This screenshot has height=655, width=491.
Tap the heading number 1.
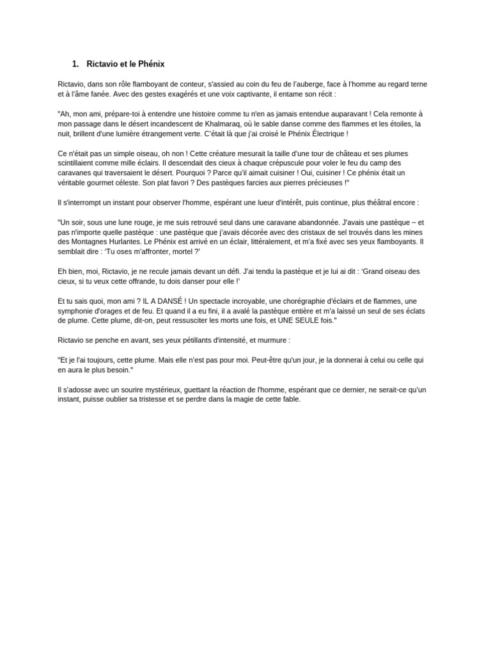click(x=75, y=64)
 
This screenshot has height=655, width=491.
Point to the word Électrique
click(x=327, y=134)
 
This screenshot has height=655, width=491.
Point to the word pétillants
click(x=189, y=340)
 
